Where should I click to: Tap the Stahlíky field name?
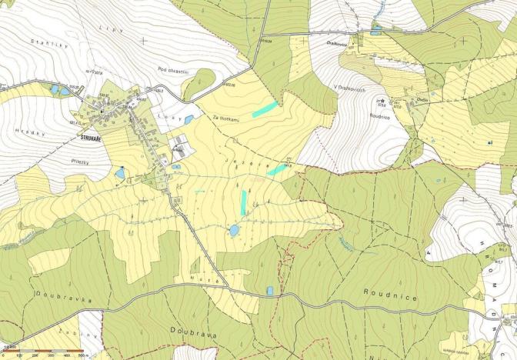click(45, 42)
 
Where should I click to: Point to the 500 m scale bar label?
click(83, 355)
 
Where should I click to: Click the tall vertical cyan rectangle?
click(244, 203)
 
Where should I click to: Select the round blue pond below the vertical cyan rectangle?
click(234, 230)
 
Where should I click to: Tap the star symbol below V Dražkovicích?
click(379, 102)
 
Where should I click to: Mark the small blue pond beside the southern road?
click(269, 291)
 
